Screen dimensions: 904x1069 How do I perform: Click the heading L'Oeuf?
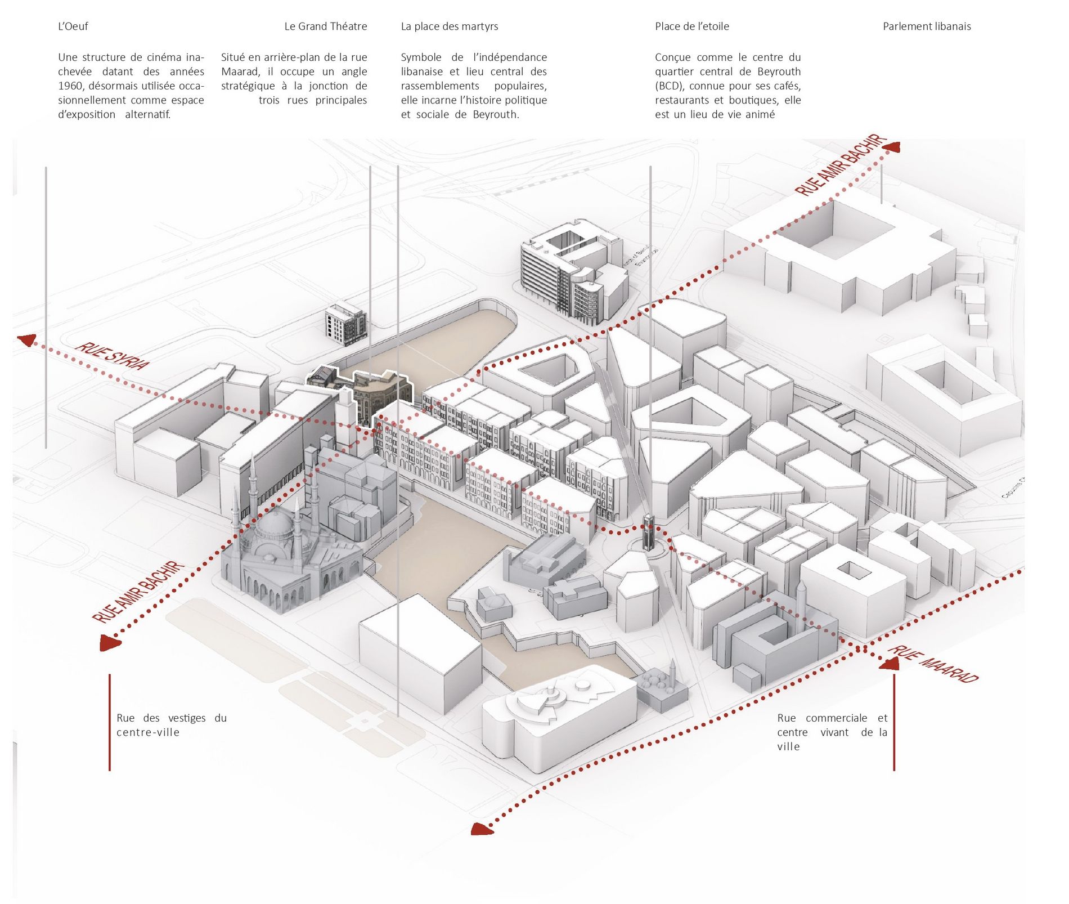[x=73, y=26]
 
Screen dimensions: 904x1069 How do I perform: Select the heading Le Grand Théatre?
[x=325, y=26]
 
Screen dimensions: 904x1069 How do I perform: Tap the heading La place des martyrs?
[x=449, y=26]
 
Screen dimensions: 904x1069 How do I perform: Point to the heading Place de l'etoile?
[x=691, y=26]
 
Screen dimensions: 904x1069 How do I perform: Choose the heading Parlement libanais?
[x=927, y=26]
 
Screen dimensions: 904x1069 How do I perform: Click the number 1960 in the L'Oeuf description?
[x=69, y=86]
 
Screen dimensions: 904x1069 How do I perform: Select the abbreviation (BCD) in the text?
[x=669, y=86]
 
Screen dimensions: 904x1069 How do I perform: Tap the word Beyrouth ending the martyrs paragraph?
[x=495, y=115]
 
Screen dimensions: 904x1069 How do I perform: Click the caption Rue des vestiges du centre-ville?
[x=171, y=725]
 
